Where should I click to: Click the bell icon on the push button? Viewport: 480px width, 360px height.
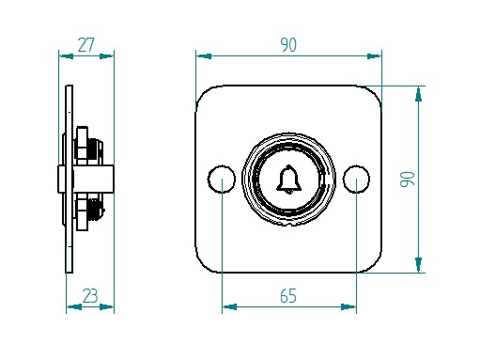pyautogui.click(x=288, y=179)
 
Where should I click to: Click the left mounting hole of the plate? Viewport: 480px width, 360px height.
pyautogui.click(x=222, y=179)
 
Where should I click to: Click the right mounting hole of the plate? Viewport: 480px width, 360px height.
pyautogui.click(x=356, y=179)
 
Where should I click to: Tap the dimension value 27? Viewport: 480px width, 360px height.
pyautogui.click(x=85, y=45)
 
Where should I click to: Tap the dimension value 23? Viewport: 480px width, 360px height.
pyautogui.click(x=90, y=296)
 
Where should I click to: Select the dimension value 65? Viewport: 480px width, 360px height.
pyautogui.click(x=288, y=296)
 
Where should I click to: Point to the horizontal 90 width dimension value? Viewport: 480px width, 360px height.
pyautogui.click(x=288, y=45)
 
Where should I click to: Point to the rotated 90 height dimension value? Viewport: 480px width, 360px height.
pyautogui.click(x=408, y=179)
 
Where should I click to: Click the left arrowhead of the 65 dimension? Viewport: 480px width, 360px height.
pyautogui.click(x=229, y=306)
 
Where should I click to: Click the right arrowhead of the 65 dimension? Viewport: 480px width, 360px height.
pyautogui.click(x=348, y=306)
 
